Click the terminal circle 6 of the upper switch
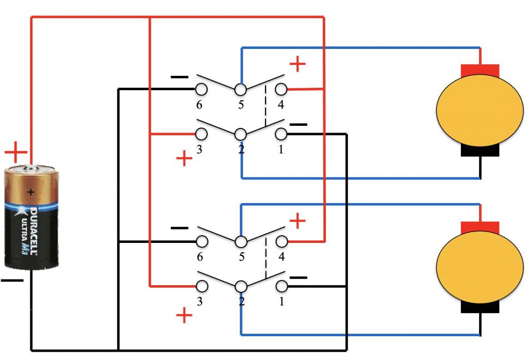pos(201,89)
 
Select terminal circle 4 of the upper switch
pos(281,89)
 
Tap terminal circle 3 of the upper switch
pos(201,134)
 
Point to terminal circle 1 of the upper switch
pos(281,134)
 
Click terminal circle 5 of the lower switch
pos(241,241)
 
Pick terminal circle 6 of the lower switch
pos(202,241)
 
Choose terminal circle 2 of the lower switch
pos(241,286)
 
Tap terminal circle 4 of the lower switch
pos(282,241)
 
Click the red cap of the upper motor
pos(480,70)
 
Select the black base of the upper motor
pos(480,150)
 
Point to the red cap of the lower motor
pos(480,227)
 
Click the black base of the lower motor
pos(480,306)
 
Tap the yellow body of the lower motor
pos(480,267)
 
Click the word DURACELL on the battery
pos(34,231)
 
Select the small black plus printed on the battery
pos(30,192)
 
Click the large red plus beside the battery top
pos(16,152)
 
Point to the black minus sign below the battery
pos(12,280)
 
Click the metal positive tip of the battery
pos(30,168)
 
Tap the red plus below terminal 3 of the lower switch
pos(184,316)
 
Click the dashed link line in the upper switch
pos(266,106)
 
